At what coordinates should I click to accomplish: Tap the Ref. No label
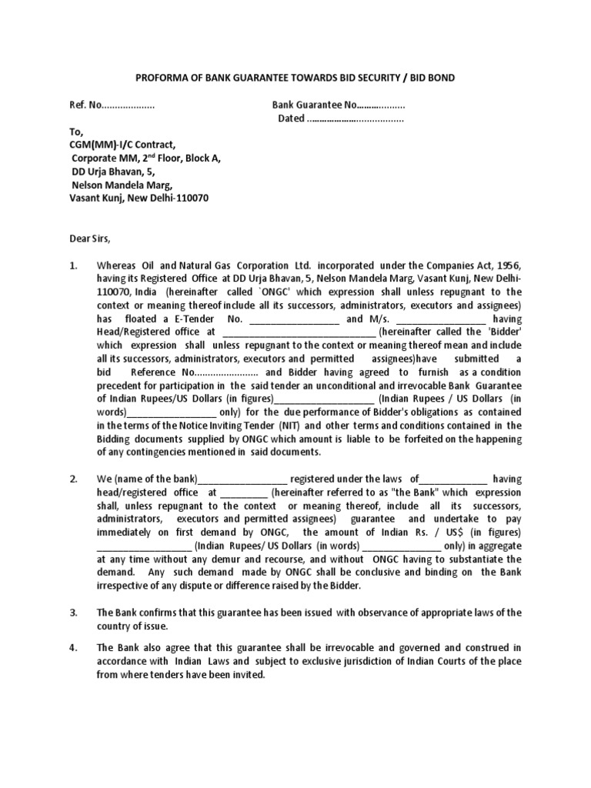click(85, 105)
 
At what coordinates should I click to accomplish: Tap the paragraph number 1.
click(73, 265)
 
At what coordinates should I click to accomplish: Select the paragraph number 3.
click(73, 613)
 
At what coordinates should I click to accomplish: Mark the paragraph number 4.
click(73, 647)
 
